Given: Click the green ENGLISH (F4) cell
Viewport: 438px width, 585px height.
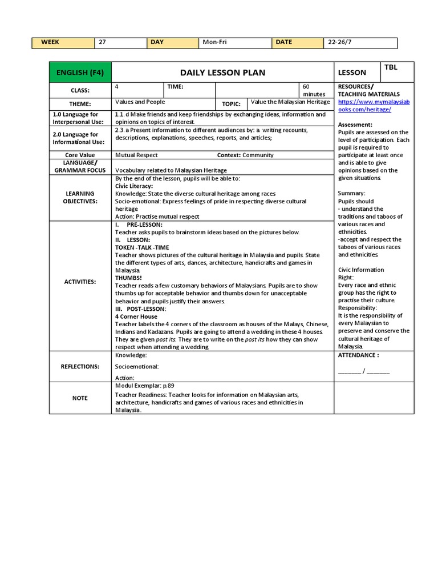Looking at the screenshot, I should (80, 73).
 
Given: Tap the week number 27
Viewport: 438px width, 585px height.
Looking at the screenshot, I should (103, 42).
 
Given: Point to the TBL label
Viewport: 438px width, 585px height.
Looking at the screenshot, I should (391, 67).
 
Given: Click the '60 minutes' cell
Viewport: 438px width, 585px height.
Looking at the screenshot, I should (314, 90).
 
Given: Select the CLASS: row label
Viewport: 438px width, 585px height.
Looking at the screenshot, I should (80, 90).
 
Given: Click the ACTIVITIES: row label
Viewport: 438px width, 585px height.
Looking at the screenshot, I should (80, 282).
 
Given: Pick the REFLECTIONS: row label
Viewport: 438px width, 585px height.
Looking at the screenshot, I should (80, 367).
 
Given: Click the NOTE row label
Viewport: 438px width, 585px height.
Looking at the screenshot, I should (80, 398).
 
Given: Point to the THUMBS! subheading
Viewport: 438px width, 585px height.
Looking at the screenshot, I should (128, 278).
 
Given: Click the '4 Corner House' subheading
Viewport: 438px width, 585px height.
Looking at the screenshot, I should (136, 316).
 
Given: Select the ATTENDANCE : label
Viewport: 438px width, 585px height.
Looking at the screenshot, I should (358, 355).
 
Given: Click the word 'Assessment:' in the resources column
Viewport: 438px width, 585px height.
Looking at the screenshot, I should (355, 125).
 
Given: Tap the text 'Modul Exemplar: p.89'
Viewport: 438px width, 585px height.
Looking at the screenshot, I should (144, 386).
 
